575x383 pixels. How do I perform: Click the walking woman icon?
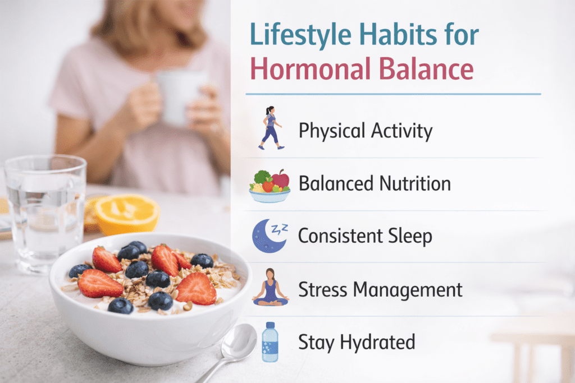[270, 128]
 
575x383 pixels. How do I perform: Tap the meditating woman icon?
[270, 287]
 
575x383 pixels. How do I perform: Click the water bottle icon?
[270, 341]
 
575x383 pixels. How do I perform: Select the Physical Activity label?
[366, 131]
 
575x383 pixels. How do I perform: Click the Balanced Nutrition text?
[375, 183]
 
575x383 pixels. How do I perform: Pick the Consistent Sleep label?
[365, 236]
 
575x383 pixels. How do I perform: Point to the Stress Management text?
[380, 289]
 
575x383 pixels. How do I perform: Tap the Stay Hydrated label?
[357, 342]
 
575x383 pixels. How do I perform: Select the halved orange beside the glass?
[127, 213]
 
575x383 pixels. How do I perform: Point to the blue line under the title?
[393, 94]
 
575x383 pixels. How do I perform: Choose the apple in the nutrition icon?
[280, 179]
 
